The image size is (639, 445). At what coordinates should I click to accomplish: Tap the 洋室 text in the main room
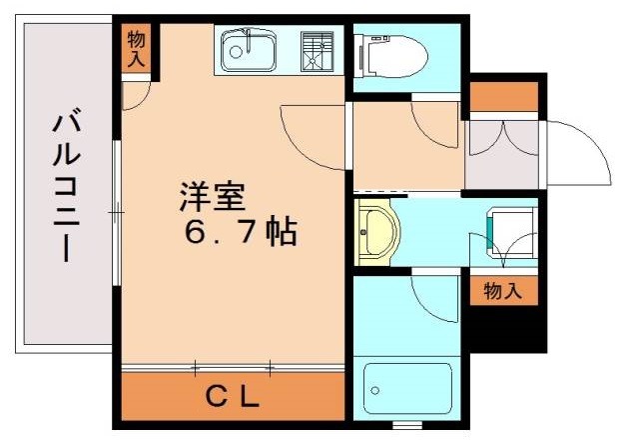point(211,195)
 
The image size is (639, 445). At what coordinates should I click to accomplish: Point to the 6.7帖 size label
point(239,233)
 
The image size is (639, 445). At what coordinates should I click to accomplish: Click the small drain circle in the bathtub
point(373,384)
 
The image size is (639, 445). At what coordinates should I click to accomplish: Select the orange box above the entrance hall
point(503,97)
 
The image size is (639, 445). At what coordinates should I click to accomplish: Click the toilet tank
point(364,56)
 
